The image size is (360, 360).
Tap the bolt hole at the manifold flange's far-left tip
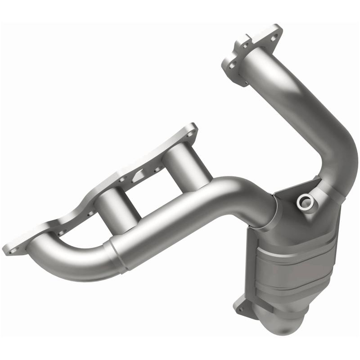[10, 248]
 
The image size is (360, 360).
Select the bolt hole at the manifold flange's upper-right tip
[193, 130]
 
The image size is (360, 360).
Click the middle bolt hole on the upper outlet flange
[245, 45]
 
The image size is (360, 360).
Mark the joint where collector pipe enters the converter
[270, 211]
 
